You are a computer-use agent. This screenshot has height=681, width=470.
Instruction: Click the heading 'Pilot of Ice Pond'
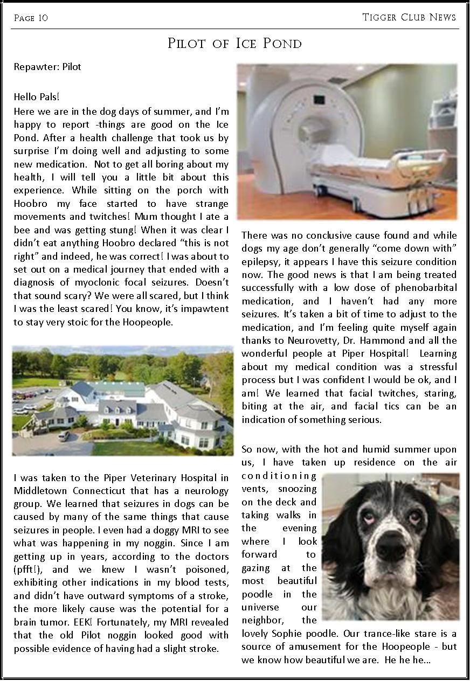coord(234,44)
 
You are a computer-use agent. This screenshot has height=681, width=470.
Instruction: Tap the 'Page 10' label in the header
coord(31,18)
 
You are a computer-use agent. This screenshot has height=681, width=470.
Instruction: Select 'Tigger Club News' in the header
coord(409,17)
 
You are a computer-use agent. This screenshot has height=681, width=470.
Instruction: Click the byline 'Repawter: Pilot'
coord(47,67)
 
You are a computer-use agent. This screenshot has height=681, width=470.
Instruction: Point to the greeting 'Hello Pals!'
coord(37,97)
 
